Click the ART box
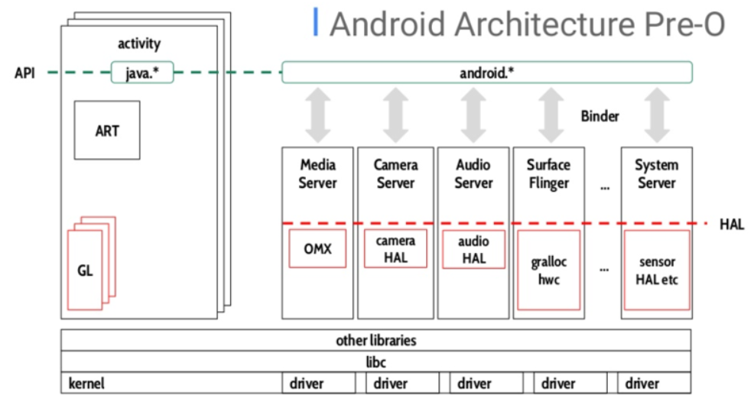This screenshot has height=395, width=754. point(107,130)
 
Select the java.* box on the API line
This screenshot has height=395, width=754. point(143,73)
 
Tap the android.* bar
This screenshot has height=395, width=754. point(487,73)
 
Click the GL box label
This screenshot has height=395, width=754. point(85,270)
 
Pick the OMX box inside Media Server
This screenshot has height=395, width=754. point(317,249)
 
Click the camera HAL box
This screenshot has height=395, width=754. point(396,249)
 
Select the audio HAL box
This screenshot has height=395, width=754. point(473,249)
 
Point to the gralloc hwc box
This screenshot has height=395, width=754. point(548,270)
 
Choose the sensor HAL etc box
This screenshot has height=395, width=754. point(656,270)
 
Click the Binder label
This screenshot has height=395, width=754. point(600,117)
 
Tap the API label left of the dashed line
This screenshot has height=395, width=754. point(24,73)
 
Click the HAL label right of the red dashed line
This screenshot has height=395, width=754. point(731,224)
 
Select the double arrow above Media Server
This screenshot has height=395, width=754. point(317,115)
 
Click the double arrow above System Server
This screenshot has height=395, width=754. point(656,115)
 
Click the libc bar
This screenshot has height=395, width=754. point(375,361)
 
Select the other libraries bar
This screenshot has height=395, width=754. point(375,341)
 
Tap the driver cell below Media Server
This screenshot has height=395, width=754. point(317,384)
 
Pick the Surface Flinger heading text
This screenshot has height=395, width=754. point(548,174)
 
